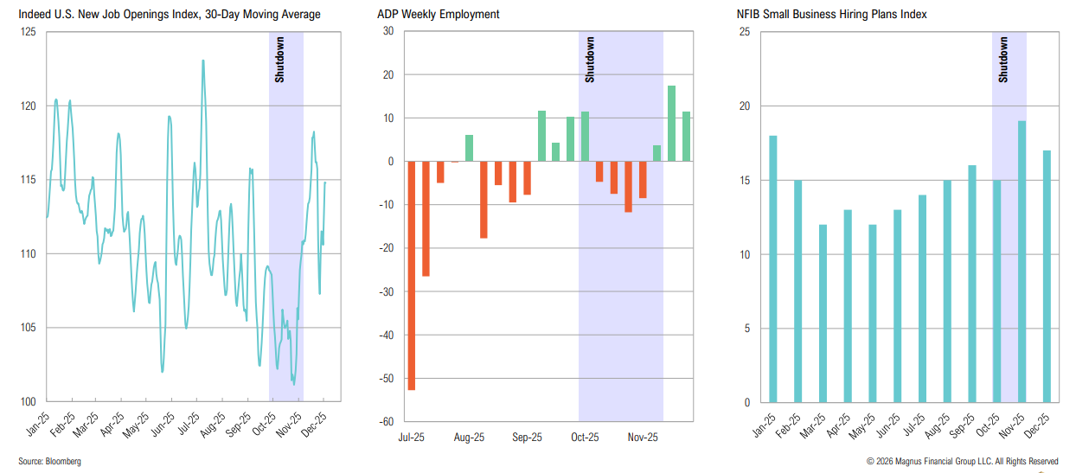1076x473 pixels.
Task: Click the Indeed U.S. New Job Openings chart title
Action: tap(169, 15)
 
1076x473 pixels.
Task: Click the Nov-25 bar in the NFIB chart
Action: tap(1022, 261)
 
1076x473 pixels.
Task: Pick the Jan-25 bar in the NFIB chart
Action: tap(772, 269)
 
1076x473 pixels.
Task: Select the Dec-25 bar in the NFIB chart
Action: tap(1047, 277)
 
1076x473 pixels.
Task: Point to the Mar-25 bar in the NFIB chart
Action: tap(823, 313)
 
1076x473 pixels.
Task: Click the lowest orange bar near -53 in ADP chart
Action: tap(411, 276)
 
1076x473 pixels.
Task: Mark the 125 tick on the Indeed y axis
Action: tap(28, 32)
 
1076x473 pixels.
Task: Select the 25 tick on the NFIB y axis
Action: tap(744, 32)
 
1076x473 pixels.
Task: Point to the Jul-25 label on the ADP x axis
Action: tap(411, 438)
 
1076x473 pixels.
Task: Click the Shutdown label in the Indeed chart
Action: tap(279, 60)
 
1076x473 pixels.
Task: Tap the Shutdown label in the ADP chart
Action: tap(590, 60)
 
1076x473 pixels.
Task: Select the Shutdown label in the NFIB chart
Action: tap(1003, 60)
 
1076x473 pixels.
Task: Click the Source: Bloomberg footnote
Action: tap(50, 462)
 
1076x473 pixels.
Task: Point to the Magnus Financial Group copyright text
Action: tap(962, 462)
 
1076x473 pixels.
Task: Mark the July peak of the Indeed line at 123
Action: tap(203, 61)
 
